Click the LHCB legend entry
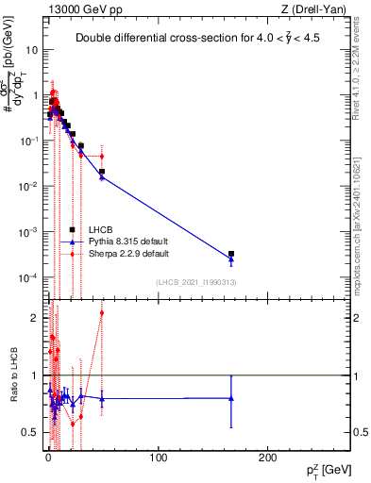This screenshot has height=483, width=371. [101, 229]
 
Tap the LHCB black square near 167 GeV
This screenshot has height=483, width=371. [231, 254]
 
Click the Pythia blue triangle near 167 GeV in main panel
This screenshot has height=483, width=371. [231, 258]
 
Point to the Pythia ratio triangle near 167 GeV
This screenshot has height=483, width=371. [231, 398]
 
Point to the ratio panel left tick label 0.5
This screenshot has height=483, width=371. [29, 432]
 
